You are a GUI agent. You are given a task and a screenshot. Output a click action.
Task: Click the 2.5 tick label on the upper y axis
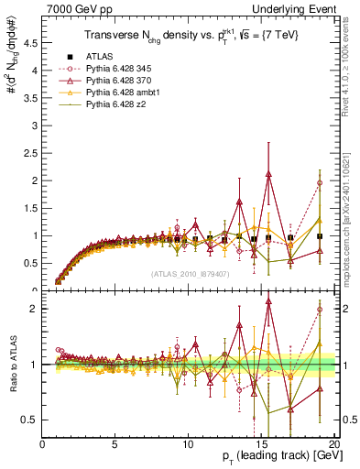click(32, 151)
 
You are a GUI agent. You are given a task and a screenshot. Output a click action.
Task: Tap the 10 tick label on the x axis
click(187, 443)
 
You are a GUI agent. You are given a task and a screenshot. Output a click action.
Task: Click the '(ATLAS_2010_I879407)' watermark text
click(191, 273)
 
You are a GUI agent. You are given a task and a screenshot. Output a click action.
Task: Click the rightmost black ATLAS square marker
click(320, 236)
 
